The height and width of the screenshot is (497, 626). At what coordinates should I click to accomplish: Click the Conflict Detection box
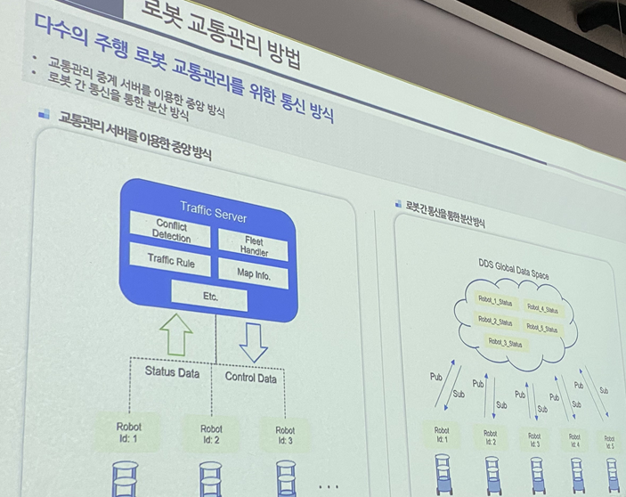[171, 231]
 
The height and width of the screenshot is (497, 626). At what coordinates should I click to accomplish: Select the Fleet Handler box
[254, 247]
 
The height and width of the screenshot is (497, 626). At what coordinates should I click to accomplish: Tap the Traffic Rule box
[170, 262]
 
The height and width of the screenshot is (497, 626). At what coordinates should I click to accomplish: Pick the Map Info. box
[254, 275]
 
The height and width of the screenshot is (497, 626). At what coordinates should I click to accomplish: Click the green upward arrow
[175, 336]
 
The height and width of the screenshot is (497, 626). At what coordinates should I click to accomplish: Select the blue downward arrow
[254, 341]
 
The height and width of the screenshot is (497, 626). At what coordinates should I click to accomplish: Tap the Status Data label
[172, 373]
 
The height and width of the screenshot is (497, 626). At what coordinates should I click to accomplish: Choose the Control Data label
[250, 378]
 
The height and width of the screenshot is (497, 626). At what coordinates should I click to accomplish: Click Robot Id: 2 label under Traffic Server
[211, 434]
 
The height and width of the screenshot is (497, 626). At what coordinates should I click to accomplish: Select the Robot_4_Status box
[543, 310]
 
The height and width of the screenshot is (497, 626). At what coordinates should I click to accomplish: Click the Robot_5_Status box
[542, 329]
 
